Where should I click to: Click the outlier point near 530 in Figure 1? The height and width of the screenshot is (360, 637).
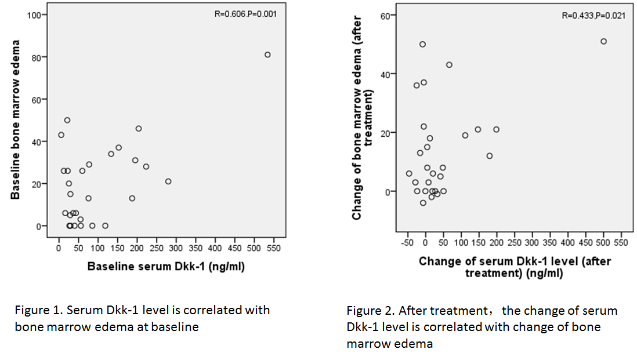tap(267, 54)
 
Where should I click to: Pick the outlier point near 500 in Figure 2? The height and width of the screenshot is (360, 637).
tap(603, 41)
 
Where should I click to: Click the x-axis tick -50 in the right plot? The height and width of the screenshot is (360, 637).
tap(407, 242)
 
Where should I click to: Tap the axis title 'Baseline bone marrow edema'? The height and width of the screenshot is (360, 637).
tap(16, 119)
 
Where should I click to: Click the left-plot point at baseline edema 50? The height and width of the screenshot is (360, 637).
tap(67, 120)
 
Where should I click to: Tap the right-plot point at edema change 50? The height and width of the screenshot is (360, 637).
tap(422, 44)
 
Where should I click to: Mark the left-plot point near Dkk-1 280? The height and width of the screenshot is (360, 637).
tap(168, 181)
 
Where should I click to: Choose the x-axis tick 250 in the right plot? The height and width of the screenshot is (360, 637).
tap(514, 242)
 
